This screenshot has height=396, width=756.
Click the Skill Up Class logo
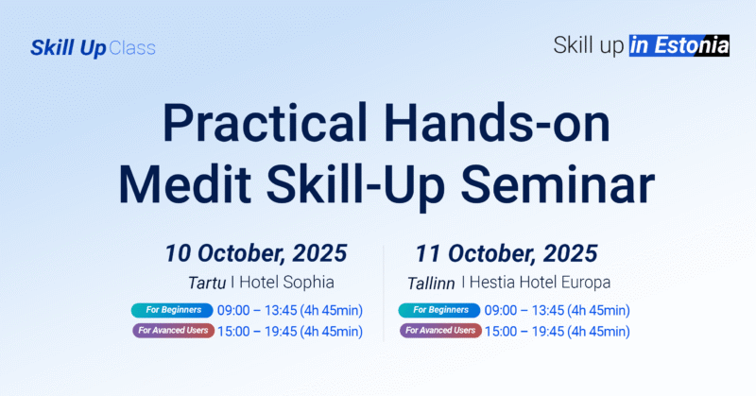(93, 47)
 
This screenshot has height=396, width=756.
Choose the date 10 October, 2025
(256, 253)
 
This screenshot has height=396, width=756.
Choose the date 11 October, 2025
(506, 253)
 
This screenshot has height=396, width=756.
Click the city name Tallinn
(431, 283)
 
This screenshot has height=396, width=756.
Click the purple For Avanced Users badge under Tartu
(173, 331)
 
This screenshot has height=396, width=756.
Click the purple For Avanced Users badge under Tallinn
(439, 331)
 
